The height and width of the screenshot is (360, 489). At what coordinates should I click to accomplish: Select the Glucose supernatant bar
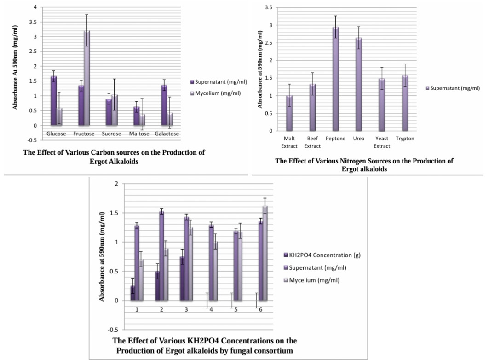click(x=54, y=101)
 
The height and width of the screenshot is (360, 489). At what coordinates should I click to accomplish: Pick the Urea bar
click(x=359, y=85)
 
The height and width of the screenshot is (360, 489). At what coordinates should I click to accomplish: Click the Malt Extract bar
click(x=289, y=113)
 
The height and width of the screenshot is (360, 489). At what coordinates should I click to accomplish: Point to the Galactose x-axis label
click(x=167, y=134)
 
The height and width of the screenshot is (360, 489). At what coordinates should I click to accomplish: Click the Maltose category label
click(x=139, y=134)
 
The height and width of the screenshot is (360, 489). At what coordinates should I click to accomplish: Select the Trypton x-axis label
click(x=405, y=139)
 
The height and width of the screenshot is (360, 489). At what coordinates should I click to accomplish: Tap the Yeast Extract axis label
click(x=382, y=142)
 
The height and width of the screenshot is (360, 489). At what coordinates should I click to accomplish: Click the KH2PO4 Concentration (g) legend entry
click(x=322, y=255)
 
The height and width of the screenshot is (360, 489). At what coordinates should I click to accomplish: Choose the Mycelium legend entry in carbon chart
click(x=215, y=93)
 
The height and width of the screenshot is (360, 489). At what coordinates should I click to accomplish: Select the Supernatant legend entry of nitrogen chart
click(x=453, y=88)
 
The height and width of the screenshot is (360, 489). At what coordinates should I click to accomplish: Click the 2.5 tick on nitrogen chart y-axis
click(x=268, y=43)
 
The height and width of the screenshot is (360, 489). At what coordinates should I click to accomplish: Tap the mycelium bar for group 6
click(x=265, y=253)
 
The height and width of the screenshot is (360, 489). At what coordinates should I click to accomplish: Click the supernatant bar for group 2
click(x=161, y=256)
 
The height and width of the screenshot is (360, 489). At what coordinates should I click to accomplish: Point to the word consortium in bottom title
click(x=275, y=351)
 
